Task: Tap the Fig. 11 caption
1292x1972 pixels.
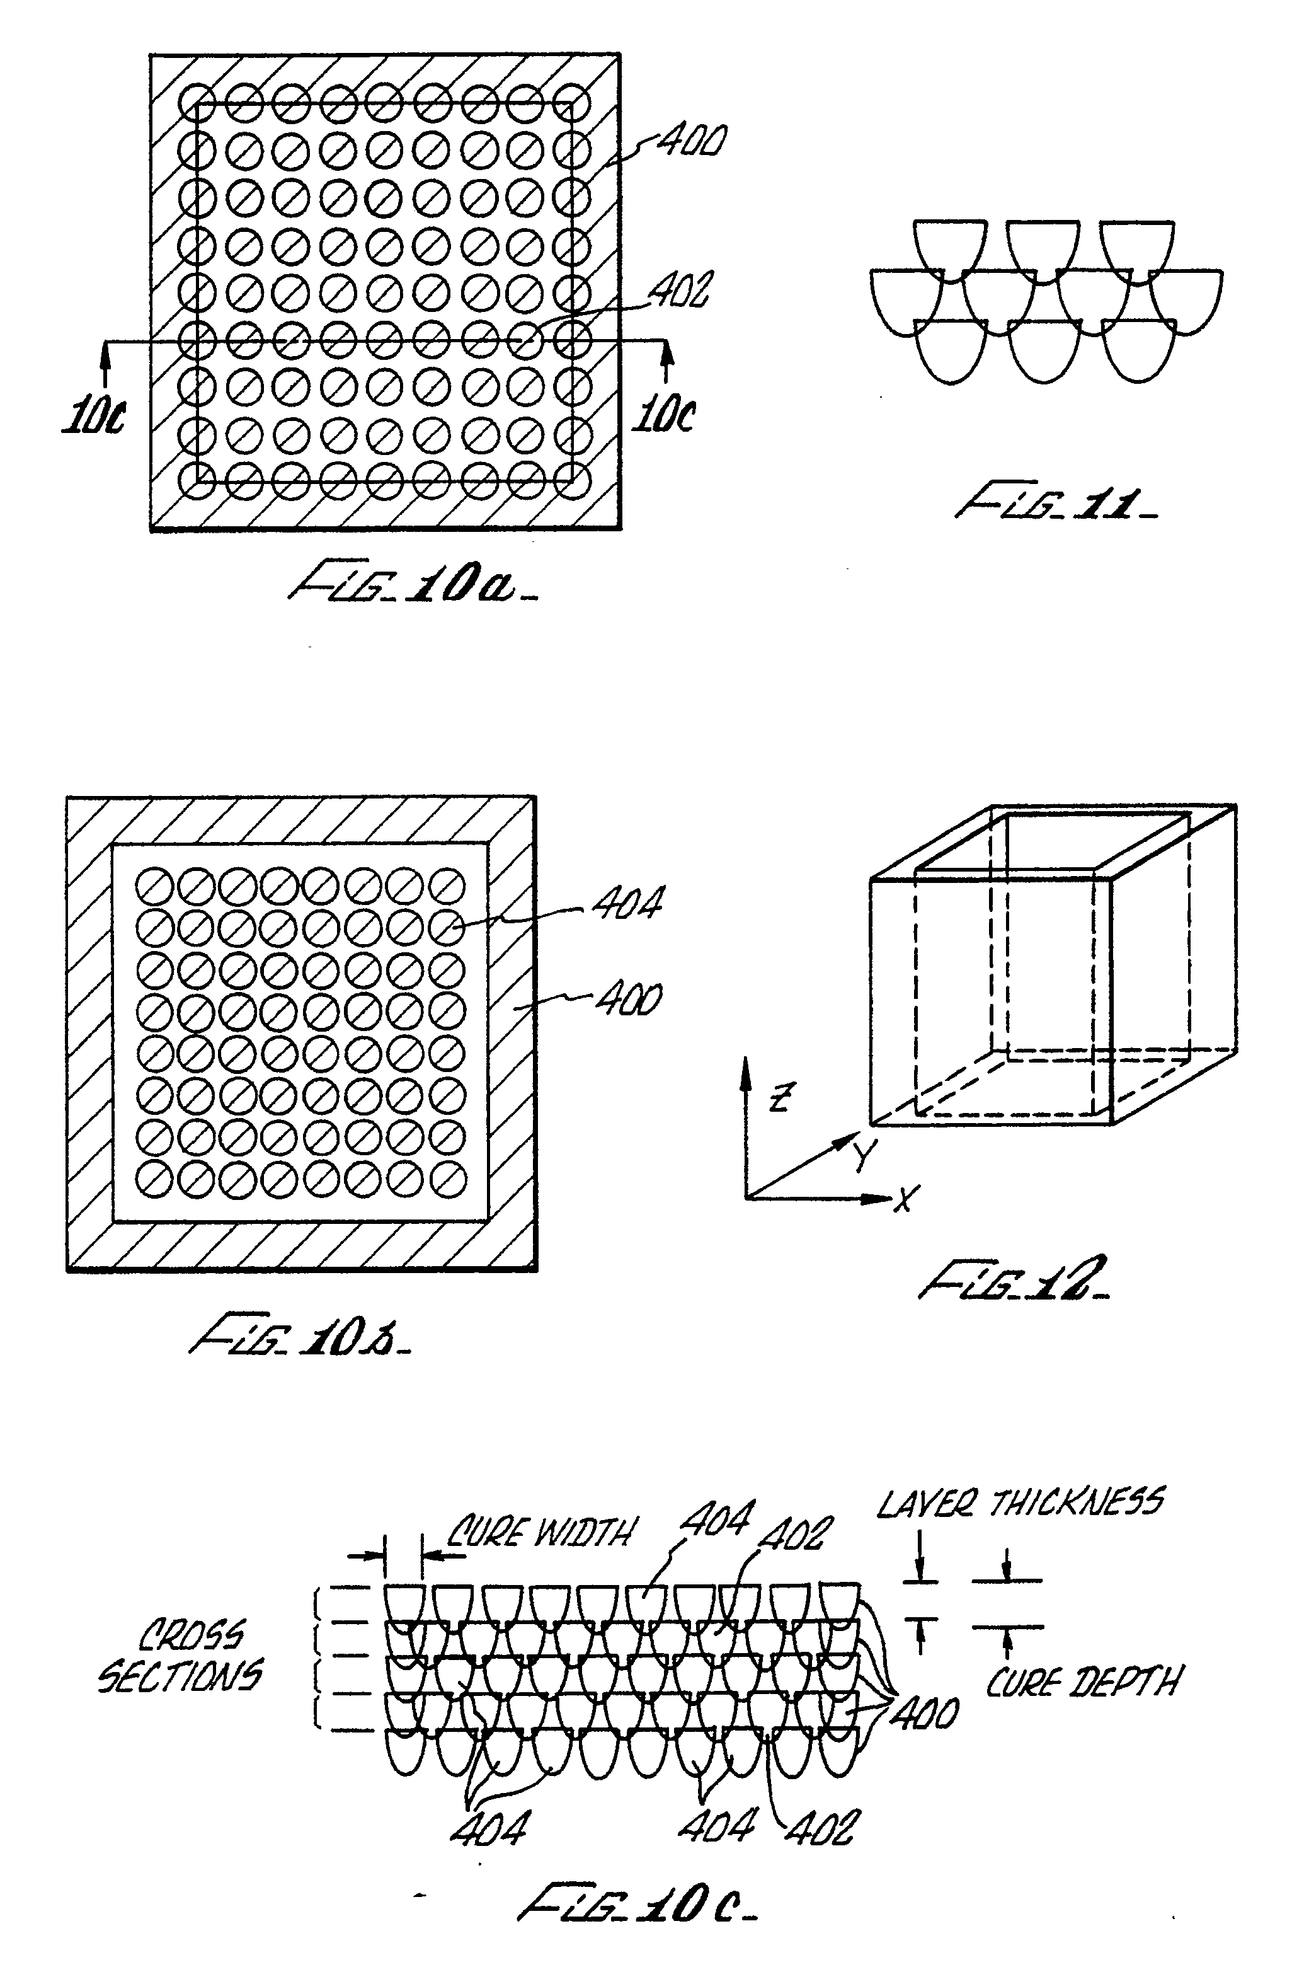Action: (1055, 503)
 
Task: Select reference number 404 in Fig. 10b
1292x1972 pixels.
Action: (627, 903)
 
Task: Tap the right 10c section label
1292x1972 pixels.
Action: (664, 414)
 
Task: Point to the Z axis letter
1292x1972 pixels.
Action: (779, 1098)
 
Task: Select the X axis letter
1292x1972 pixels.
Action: (905, 1198)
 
